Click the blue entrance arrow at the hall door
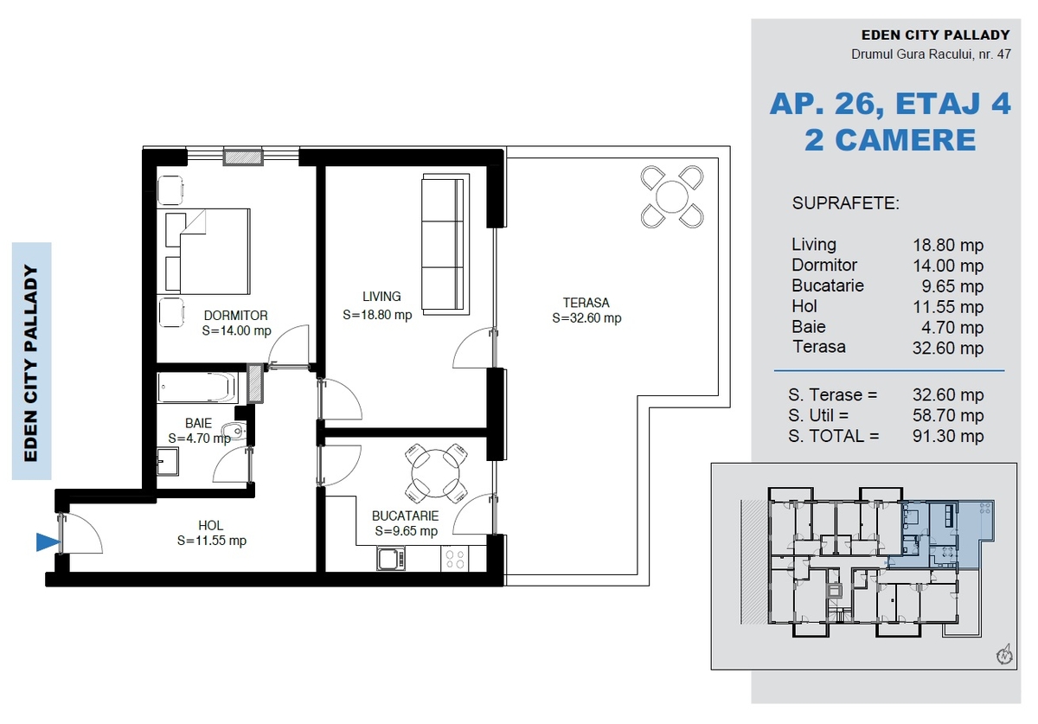(48, 541)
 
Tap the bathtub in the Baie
(197, 388)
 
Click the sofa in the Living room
(445, 244)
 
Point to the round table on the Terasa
(672, 196)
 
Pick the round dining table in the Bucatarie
(436, 473)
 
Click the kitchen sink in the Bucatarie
(391, 559)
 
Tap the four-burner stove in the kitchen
(454, 559)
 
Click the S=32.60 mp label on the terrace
(586, 318)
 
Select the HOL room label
(211, 526)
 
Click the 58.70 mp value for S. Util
(948, 416)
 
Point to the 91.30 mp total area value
(948, 436)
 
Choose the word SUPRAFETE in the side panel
(846, 203)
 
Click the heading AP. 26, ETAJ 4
(890, 104)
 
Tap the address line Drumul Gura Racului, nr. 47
(931, 54)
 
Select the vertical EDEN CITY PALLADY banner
(31, 362)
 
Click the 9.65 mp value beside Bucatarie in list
(952, 286)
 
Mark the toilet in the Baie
(235, 432)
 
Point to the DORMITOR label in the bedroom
(236, 316)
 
